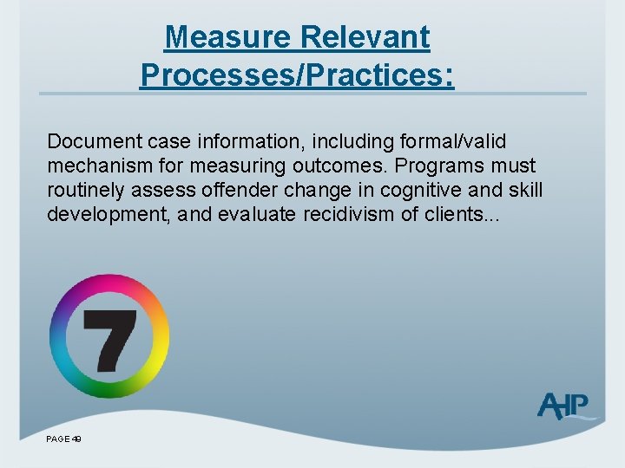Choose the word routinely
click(88, 189)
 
